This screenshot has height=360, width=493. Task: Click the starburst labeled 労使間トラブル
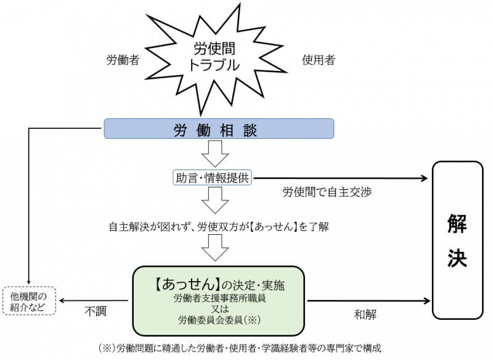pyautogui.click(x=213, y=57)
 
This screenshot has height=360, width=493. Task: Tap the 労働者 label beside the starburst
pyautogui.click(x=123, y=60)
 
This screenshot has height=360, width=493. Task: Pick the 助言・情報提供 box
pyautogui.click(x=212, y=178)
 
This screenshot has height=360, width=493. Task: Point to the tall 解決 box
pyautogui.click(x=457, y=240)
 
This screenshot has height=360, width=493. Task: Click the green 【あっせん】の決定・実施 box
pyautogui.click(x=219, y=301)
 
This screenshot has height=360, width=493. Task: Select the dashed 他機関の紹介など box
pyautogui.click(x=29, y=301)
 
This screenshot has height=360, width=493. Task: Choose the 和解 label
pyautogui.click(x=365, y=314)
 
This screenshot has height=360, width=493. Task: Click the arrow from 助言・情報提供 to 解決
pyautogui.click(x=339, y=178)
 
